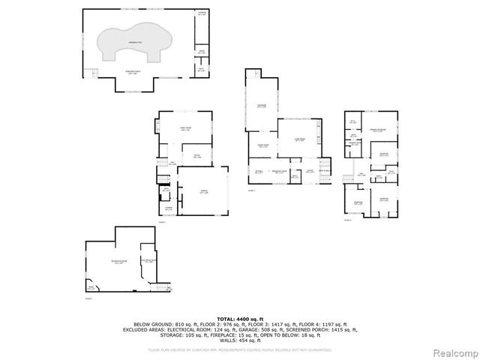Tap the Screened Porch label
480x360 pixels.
tap(136, 73)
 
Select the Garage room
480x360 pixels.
tap(202, 193)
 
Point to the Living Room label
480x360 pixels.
tap(299, 140)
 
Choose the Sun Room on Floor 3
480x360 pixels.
tap(262, 106)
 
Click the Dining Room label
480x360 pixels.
tap(263, 146)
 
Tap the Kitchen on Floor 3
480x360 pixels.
tap(259, 172)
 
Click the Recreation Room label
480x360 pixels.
tap(118, 262)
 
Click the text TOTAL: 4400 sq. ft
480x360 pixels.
tap(240, 319)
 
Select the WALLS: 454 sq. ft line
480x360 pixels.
tap(240, 340)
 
